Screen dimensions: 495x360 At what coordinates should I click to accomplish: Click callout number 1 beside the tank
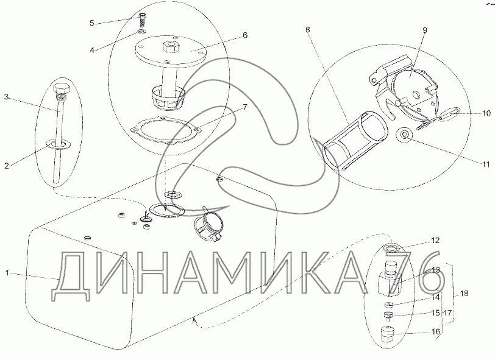[7, 273]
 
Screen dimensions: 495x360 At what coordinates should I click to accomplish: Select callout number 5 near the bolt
[92, 23]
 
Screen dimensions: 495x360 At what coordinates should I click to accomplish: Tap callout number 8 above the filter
[308, 30]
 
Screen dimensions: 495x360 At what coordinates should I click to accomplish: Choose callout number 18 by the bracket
[464, 294]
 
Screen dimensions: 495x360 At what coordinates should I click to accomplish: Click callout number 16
[436, 331]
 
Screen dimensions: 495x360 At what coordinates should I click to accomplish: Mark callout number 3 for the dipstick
[6, 97]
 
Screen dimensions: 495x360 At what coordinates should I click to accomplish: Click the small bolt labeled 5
[142, 19]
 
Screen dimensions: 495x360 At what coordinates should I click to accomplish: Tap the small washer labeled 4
[142, 31]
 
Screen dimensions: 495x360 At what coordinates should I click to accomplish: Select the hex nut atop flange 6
[171, 48]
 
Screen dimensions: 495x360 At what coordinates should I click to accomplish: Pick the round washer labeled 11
[404, 135]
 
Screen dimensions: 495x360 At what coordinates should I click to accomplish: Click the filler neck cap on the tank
[209, 225]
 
